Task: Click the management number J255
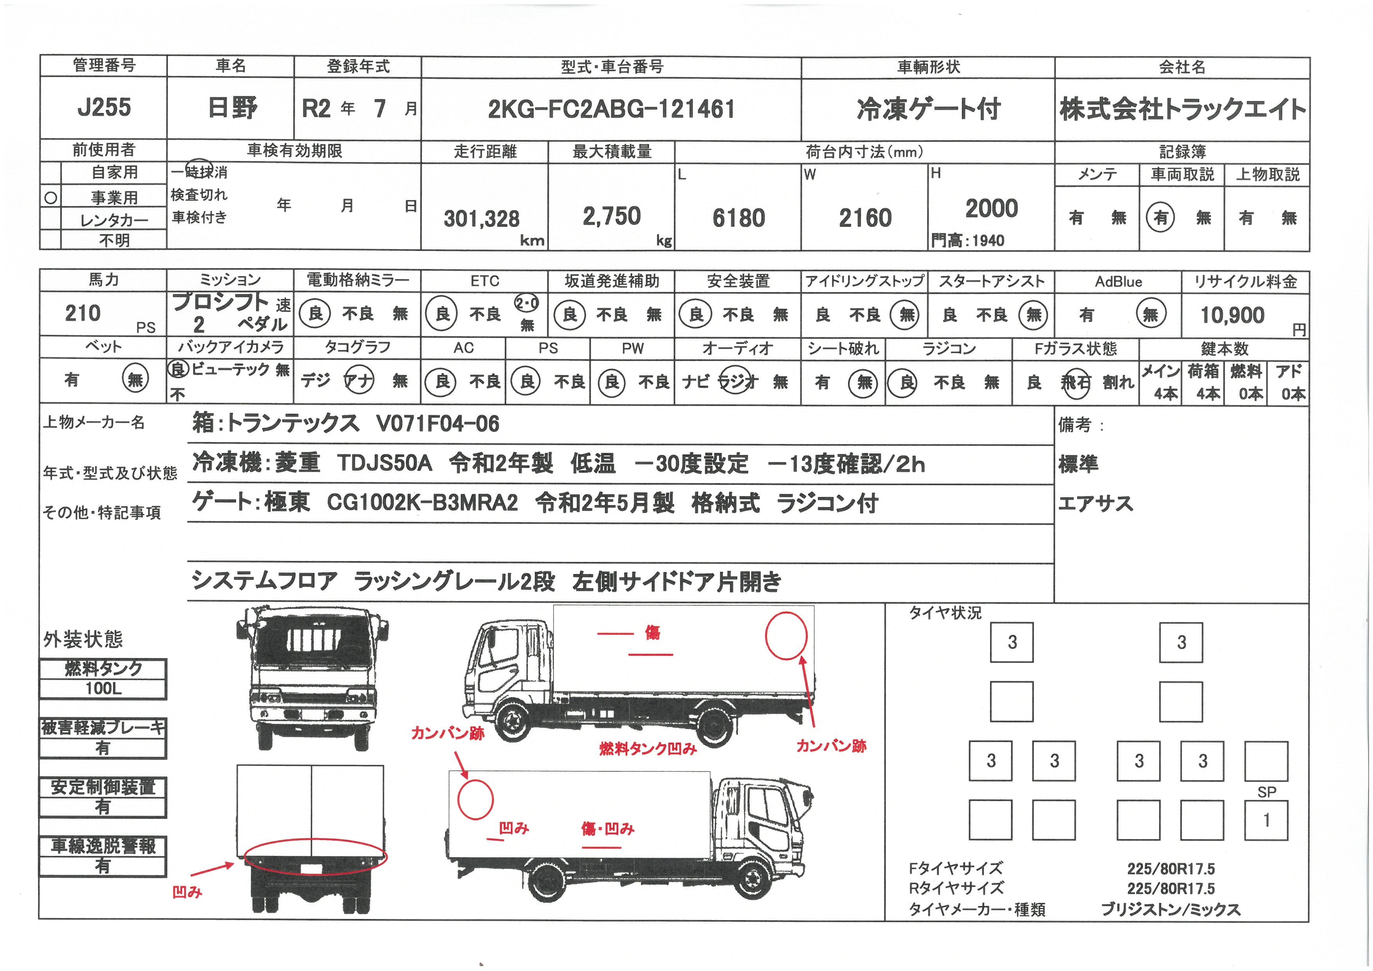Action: [x=104, y=108]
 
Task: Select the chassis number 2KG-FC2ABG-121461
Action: [x=611, y=109]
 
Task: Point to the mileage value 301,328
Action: [x=482, y=219]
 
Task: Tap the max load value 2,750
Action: [x=612, y=216]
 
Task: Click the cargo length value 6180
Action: [x=738, y=218]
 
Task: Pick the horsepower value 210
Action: [x=83, y=313]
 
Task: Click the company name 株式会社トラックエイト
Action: [x=1182, y=109]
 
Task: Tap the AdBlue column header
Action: [x=1118, y=282]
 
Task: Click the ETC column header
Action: [x=484, y=281]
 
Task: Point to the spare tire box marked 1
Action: [x=1266, y=820]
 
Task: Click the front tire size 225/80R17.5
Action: [x=1171, y=869]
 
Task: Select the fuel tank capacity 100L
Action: [x=103, y=688]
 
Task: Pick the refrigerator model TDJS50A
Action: [x=384, y=463]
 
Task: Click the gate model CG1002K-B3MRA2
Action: [x=422, y=503]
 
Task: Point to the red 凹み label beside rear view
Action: [x=187, y=892]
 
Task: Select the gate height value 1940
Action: [x=988, y=241]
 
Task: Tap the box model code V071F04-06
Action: [x=438, y=424]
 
